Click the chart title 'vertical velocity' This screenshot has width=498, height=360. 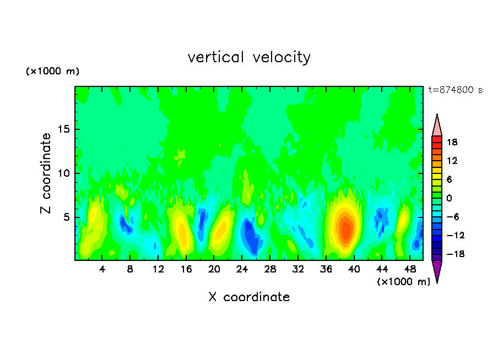[x=249, y=57]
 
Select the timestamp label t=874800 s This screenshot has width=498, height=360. [x=455, y=90]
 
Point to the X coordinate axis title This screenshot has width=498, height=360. [x=249, y=297]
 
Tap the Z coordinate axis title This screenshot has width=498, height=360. [x=46, y=173]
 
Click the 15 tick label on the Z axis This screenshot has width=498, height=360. [x=63, y=130]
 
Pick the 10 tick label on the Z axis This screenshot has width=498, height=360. [x=63, y=173]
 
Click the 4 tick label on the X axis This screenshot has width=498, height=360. [x=102, y=269]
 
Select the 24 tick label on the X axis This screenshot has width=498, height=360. [x=242, y=269]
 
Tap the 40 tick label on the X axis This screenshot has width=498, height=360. [x=354, y=269]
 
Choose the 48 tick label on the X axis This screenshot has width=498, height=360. [x=409, y=269]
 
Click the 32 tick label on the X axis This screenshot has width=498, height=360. [x=298, y=269]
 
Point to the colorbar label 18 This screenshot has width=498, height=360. [x=452, y=142]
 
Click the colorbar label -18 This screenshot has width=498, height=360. [x=451, y=254]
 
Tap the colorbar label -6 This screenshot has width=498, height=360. [x=452, y=217]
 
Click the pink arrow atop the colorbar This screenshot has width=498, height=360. [x=437, y=125]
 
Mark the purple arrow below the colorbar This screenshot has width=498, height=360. [x=437, y=271]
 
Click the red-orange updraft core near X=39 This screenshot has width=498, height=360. [x=346, y=230]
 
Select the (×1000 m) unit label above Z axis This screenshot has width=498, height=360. [x=52, y=72]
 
